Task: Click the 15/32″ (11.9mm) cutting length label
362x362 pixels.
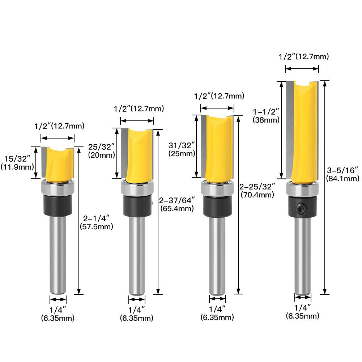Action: [x=18, y=162]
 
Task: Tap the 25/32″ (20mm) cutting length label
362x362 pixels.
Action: [x=102, y=151]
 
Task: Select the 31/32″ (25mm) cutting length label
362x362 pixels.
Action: [x=182, y=149]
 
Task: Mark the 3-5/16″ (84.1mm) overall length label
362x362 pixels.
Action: [x=342, y=174]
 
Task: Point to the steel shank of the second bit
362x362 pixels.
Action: [x=137, y=253]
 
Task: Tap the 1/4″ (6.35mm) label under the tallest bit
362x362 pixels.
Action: [x=303, y=312]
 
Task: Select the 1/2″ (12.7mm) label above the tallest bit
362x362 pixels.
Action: [x=303, y=56]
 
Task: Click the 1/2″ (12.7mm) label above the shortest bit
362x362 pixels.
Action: [x=59, y=126]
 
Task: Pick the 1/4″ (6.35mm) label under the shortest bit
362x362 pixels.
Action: [x=58, y=313]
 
